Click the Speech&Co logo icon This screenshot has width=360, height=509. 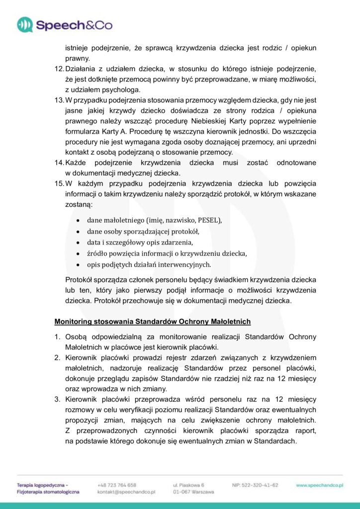25,24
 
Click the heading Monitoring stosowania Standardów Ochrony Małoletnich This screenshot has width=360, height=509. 153,321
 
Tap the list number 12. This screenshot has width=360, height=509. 59,68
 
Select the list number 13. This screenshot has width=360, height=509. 59,100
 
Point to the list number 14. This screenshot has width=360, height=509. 59,163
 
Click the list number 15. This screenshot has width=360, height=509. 59,183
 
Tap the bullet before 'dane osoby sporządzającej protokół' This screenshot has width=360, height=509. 79,232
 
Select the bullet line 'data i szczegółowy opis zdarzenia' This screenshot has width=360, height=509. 140,243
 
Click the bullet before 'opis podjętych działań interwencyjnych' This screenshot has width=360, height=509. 79,264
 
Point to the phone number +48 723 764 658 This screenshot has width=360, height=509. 117,485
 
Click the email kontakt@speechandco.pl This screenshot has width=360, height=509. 127,492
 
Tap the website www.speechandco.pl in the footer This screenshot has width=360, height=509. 320,485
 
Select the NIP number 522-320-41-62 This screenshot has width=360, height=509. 255,485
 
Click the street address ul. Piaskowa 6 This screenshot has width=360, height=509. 189,485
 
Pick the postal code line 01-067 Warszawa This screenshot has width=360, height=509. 193,492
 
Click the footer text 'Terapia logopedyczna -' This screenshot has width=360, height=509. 42,485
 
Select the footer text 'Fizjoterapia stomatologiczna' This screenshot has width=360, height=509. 48,492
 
